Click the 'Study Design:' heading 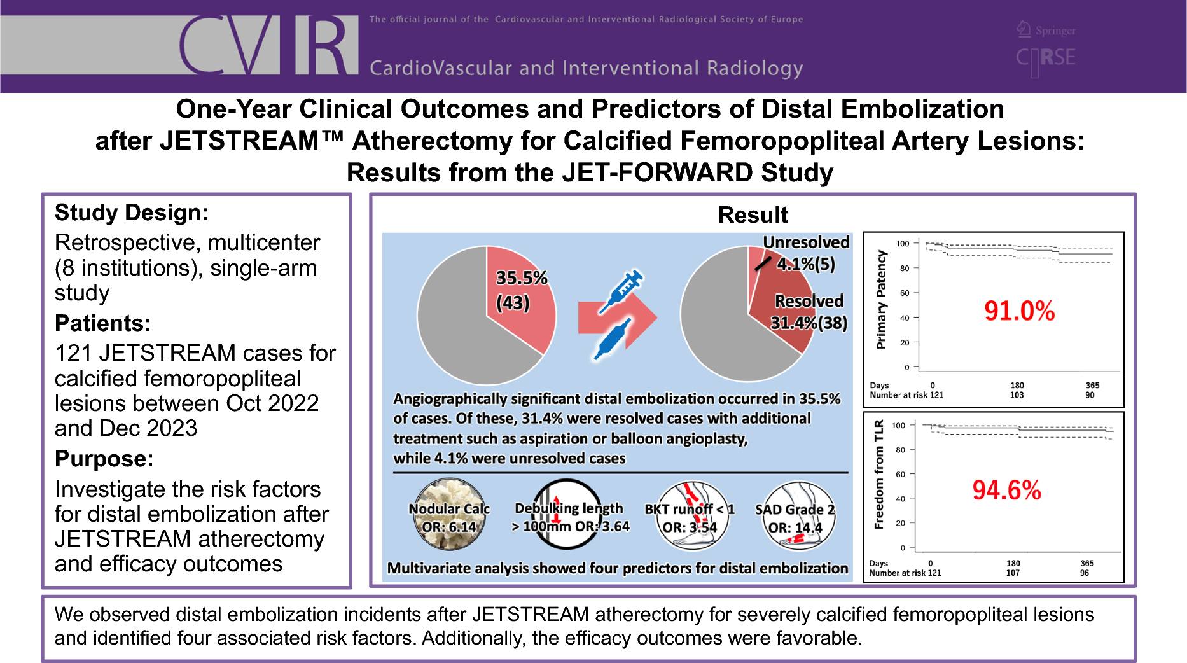coord(132,213)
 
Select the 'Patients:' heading coord(103,323)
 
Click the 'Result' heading coord(753,215)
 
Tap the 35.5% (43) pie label coord(522,290)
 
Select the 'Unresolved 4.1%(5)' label coord(806,253)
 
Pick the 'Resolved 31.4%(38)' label coord(809,312)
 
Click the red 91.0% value coord(1019,311)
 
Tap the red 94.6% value coord(1006,491)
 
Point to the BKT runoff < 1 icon coord(690,516)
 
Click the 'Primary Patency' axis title coord(881,300)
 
